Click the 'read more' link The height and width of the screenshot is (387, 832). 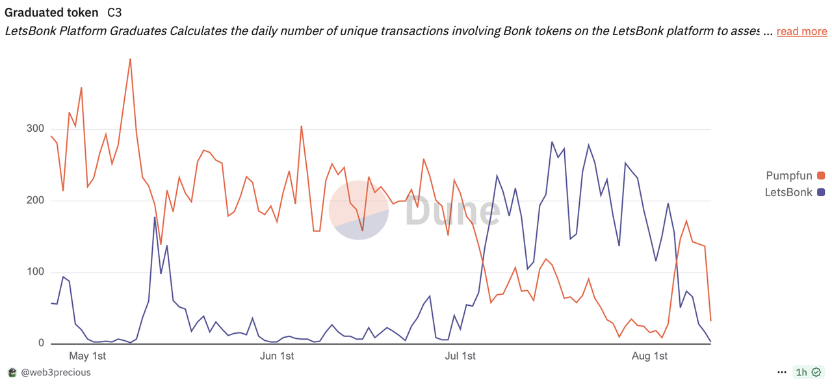801,31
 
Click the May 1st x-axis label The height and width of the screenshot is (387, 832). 88,356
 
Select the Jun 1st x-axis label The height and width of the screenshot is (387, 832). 276,356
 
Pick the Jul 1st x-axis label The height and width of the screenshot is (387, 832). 460,356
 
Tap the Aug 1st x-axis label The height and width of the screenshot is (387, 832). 650,356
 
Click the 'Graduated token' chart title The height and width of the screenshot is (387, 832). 51,12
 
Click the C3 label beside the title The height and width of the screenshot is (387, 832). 114,12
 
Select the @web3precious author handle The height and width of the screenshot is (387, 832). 56,373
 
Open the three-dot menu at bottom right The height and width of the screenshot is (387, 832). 781,373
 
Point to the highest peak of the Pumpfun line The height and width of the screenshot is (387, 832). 130,59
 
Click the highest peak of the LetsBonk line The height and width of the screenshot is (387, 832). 552,142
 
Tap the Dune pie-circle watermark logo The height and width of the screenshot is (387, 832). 359,210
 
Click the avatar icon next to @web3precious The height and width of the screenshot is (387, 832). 12,373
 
